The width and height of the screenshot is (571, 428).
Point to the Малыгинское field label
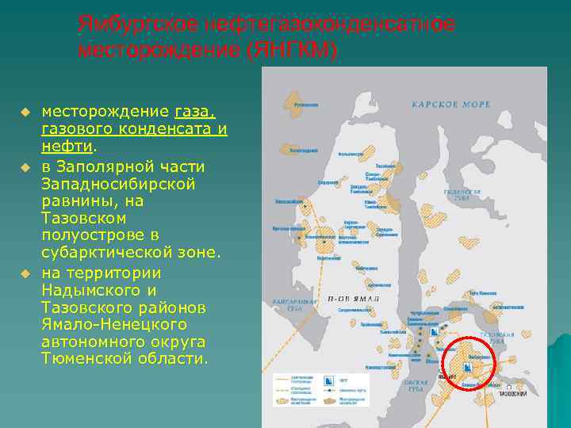point(350,155)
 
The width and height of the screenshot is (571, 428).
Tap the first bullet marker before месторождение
point(25,111)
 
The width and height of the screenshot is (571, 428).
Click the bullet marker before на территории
point(25,273)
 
